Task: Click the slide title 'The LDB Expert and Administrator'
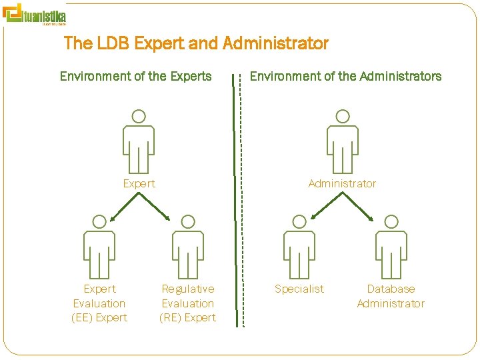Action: [x=196, y=44]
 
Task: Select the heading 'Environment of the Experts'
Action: [x=135, y=76]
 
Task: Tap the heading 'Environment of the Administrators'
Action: [x=345, y=76]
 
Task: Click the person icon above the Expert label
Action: [x=139, y=141]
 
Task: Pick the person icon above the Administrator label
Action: [x=342, y=141]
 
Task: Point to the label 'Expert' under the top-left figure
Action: [x=139, y=183]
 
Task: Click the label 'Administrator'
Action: [x=342, y=183]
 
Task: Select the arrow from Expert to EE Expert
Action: [x=124, y=207]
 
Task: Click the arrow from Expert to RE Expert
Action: [x=154, y=207]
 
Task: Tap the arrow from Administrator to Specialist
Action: [x=327, y=205]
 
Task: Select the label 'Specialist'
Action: [x=299, y=289]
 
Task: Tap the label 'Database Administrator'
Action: [x=391, y=296]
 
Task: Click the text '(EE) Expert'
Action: [x=99, y=317]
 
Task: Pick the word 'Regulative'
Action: [x=188, y=289]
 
